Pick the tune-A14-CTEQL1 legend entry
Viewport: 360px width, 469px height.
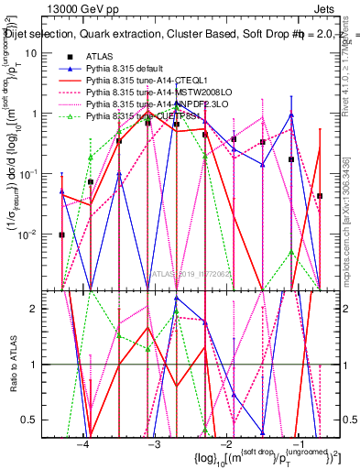tap(147, 82)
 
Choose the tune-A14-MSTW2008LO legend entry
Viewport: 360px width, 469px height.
tap(155, 93)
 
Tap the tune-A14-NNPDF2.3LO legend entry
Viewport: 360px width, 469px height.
tap(154, 105)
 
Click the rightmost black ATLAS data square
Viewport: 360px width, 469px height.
tap(320, 196)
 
